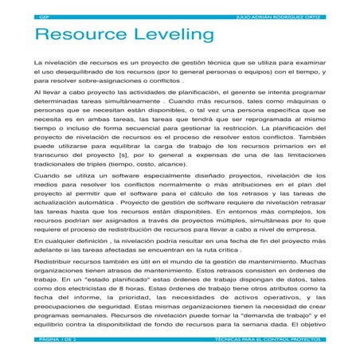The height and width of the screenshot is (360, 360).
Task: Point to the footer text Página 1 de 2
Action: [57, 338]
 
